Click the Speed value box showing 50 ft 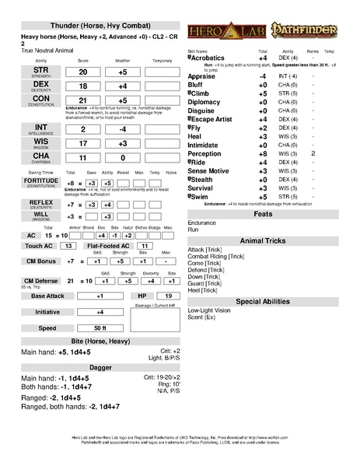pyautogui.click(x=100, y=329)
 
